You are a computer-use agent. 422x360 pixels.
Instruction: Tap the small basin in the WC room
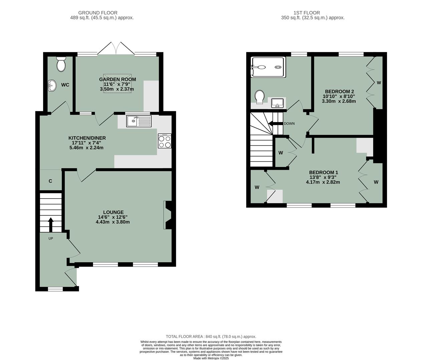click(x=51, y=85)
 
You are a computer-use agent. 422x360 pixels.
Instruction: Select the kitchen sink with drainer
click(x=139, y=121)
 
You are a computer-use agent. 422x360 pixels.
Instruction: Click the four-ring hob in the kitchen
click(x=165, y=141)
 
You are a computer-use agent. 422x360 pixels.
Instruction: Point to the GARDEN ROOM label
click(x=117, y=79)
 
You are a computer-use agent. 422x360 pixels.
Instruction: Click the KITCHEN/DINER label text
click(x=87, y=138)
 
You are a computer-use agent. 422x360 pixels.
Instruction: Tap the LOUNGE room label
click(x=113, y=212)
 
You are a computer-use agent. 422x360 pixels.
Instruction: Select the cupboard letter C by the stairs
click(x=50, y=181)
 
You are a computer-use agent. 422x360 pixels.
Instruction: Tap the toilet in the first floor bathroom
click(x=260, y=97)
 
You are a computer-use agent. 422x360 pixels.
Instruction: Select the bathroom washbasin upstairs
click(x=277, y=103)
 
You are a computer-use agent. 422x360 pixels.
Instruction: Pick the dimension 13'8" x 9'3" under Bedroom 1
click(x=323, y=177)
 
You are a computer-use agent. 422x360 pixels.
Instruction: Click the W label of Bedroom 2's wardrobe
click(x=379, y=83)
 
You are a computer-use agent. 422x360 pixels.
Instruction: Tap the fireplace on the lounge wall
click(x=168, y=215)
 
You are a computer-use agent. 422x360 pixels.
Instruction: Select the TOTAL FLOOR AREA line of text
click(x=211, y=337)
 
